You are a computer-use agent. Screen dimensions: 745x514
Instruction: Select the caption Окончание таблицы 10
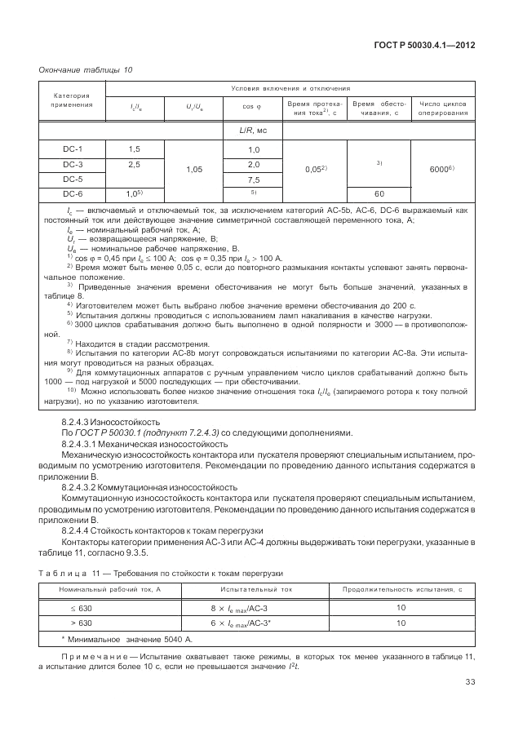[x=85, y=69]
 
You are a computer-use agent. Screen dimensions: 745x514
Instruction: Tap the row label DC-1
[x=73, y=149]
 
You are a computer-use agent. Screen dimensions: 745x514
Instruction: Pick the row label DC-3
[x=73, y=165]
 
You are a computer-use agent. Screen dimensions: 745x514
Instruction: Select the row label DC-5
[x=73, y=180]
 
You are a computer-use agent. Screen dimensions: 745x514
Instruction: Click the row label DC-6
[x=73, y=194]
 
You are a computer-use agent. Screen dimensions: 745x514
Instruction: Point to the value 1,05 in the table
[x=193, y=170]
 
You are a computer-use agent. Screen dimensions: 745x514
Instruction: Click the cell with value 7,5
[x=253, y=180]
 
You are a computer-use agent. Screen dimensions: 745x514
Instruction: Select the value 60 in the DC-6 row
[x=379, y=194]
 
